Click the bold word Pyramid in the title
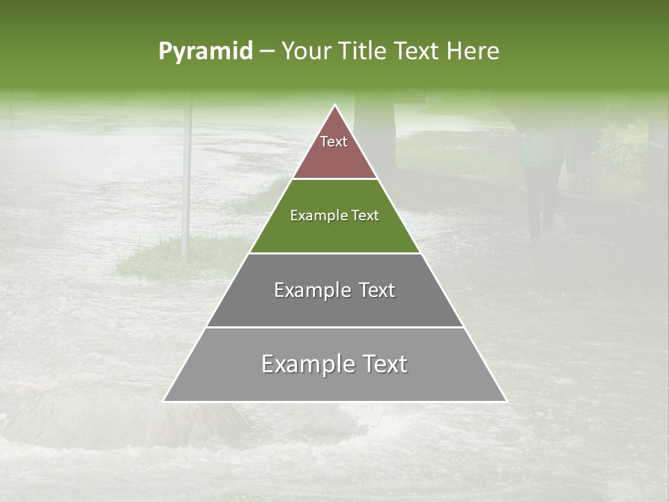(x=205, y=51)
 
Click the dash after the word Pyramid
(x=267, y=52)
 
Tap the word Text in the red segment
(x=334, y=142)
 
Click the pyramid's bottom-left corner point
(x=163, y=402)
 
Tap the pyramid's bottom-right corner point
(x=507, y=402)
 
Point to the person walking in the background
(x=541, y=174)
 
